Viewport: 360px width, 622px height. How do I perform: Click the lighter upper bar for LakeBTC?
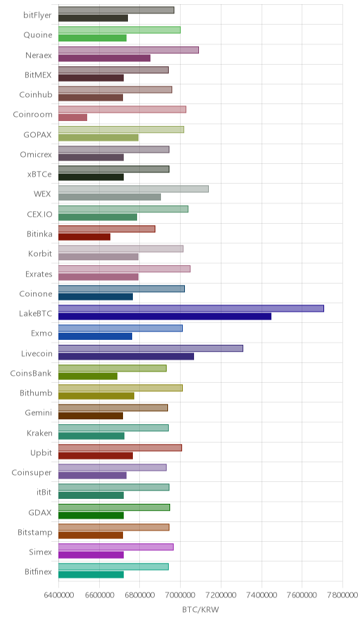click(191, 309)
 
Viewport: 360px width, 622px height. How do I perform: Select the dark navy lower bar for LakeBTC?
click(165, 316)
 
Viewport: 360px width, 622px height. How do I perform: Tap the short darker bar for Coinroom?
click(72, 118)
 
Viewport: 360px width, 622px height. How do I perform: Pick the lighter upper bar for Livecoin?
click(150, 348)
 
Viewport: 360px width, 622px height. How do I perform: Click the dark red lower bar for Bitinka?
click(84, 237)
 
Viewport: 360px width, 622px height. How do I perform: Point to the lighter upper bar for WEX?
click(134, 189)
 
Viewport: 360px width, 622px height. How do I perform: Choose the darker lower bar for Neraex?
click(104, 58)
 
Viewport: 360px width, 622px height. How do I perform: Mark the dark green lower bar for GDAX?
click(91, 515)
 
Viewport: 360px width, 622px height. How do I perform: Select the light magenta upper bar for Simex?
click(116, 547)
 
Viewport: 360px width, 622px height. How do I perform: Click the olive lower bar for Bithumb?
click(96, 396)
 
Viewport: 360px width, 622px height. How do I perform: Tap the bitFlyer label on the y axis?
click(37, 15)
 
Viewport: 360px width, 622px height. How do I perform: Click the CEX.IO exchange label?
click(39, 214)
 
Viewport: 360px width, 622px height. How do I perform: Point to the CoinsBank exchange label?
click(31, 374)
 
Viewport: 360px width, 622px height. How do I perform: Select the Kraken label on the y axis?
click(39, 433)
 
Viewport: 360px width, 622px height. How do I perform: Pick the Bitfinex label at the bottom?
click(38, 571)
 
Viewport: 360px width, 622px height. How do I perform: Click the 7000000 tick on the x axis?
click(181, 595)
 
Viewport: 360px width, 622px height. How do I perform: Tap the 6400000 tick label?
click(58, 595)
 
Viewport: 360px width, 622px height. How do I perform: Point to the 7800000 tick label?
click(342, 595)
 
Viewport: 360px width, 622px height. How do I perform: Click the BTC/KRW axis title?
click(200, 609)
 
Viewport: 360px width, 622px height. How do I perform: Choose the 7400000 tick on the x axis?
click(262, 595)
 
